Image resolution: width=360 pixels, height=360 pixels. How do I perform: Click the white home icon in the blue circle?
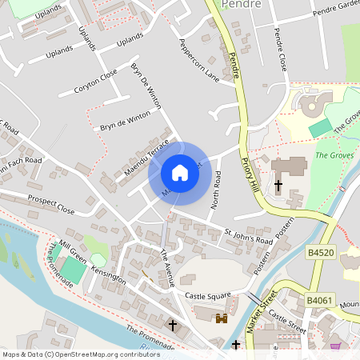180,173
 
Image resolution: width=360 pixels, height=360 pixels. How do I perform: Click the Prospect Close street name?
50,205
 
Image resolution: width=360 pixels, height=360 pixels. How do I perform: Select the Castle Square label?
207,296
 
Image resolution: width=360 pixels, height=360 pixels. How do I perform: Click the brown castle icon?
222,318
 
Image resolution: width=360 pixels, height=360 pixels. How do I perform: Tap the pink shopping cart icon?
334,346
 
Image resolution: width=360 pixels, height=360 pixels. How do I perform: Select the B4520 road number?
320,252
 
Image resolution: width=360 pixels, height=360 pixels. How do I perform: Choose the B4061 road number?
320,300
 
